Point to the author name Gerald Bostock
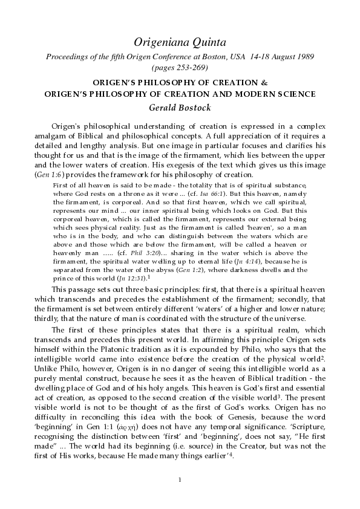coord(180,108)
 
